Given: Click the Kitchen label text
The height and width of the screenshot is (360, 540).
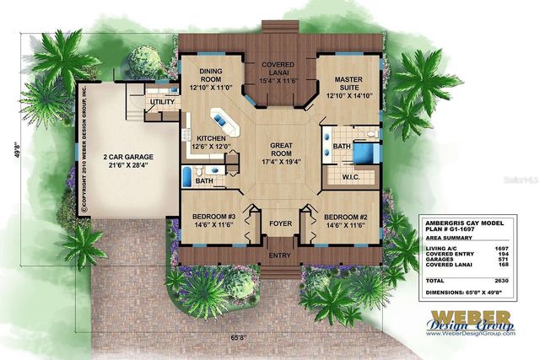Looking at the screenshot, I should pyautogui.click(x=209, y=138).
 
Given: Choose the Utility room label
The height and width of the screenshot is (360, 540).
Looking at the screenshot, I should pyautogui.click(x=162, y=103).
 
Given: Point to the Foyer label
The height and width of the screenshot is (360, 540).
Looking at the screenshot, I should pyautogui.click(x=278, y=224).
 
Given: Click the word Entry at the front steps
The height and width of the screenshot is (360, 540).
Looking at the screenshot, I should pyautogui.click(x=278, y=254).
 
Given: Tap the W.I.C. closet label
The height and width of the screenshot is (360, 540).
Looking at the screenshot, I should pyautogui.click(x=352, y=177).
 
